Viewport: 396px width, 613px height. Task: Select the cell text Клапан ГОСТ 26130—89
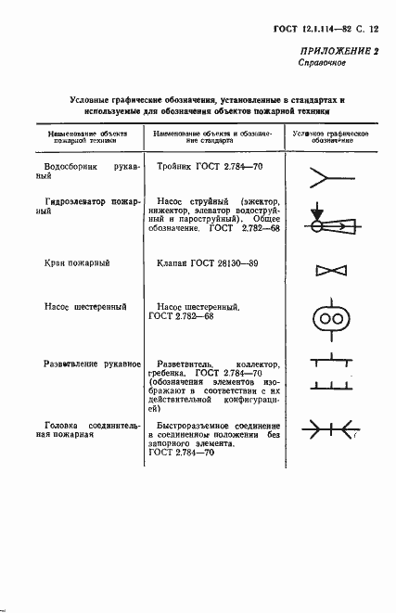[x=206, y=264]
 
